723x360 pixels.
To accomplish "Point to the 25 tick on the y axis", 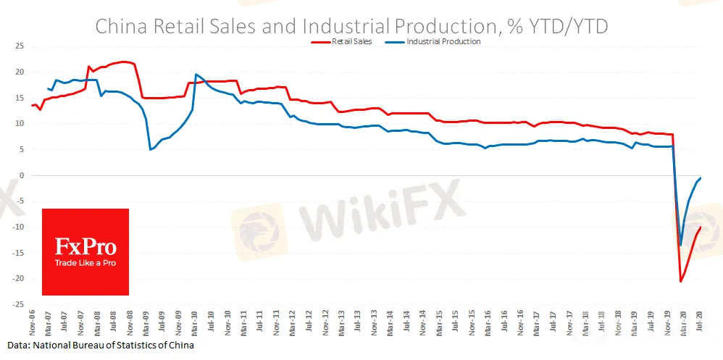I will [20, 46].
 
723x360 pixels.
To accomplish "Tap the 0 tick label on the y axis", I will [22, 175].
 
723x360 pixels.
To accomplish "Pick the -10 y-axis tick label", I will [20, 227].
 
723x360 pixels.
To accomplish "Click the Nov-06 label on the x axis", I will [32, 324].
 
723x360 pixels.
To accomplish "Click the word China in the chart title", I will [120, 26].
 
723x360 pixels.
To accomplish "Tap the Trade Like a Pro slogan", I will [85, 263].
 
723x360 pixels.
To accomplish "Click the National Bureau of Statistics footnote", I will [101, 346].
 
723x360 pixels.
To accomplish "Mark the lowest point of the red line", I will [681, 281].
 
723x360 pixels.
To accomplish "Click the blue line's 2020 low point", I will [680, 245].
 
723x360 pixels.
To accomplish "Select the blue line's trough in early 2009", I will [150, 149].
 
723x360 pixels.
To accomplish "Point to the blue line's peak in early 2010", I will [196, 74].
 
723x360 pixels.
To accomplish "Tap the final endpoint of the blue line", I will [701, 178].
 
